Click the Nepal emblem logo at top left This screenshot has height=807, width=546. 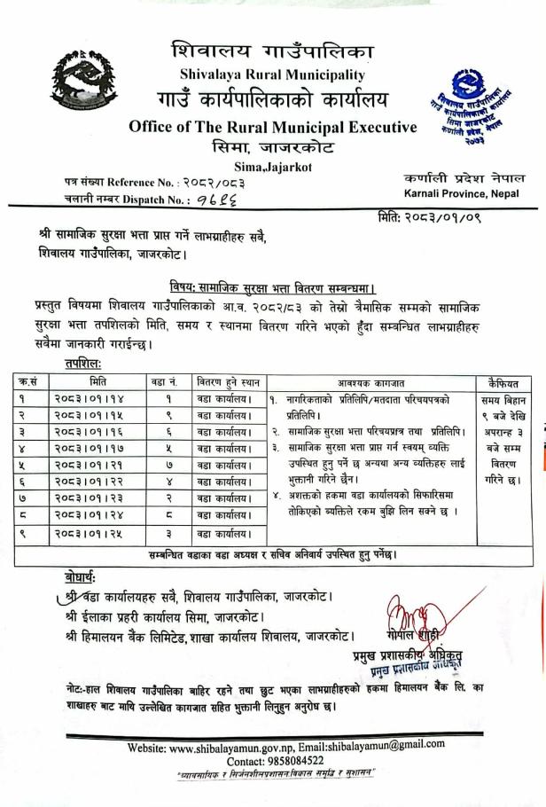coord(83,81)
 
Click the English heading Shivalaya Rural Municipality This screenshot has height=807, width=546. coord(272,74)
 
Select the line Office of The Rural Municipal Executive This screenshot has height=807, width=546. coord(272,127)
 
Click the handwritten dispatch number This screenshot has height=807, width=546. coord(214,200)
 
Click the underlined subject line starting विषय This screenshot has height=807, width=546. coord(272,288)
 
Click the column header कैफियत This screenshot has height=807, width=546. coord(503,382)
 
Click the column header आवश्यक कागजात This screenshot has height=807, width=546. coord(370,382)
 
